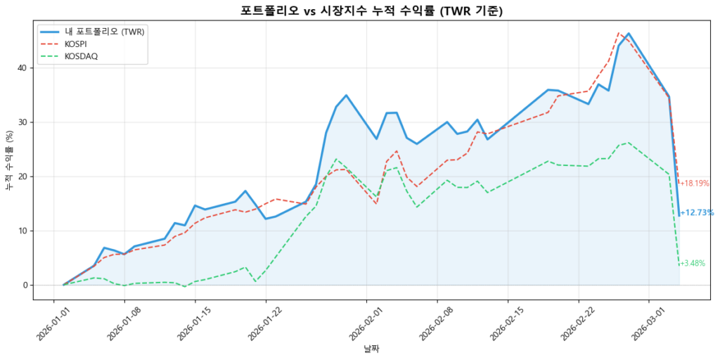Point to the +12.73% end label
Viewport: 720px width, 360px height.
tap(697, 212)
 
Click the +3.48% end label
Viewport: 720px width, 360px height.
tap(692, 264)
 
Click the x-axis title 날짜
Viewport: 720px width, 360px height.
tap(371, 349)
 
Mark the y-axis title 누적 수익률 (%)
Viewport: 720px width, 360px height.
tap(9, 162)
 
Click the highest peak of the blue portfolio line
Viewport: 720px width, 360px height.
tap(629, 33)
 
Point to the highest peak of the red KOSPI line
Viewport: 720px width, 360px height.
tap(619, 32)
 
